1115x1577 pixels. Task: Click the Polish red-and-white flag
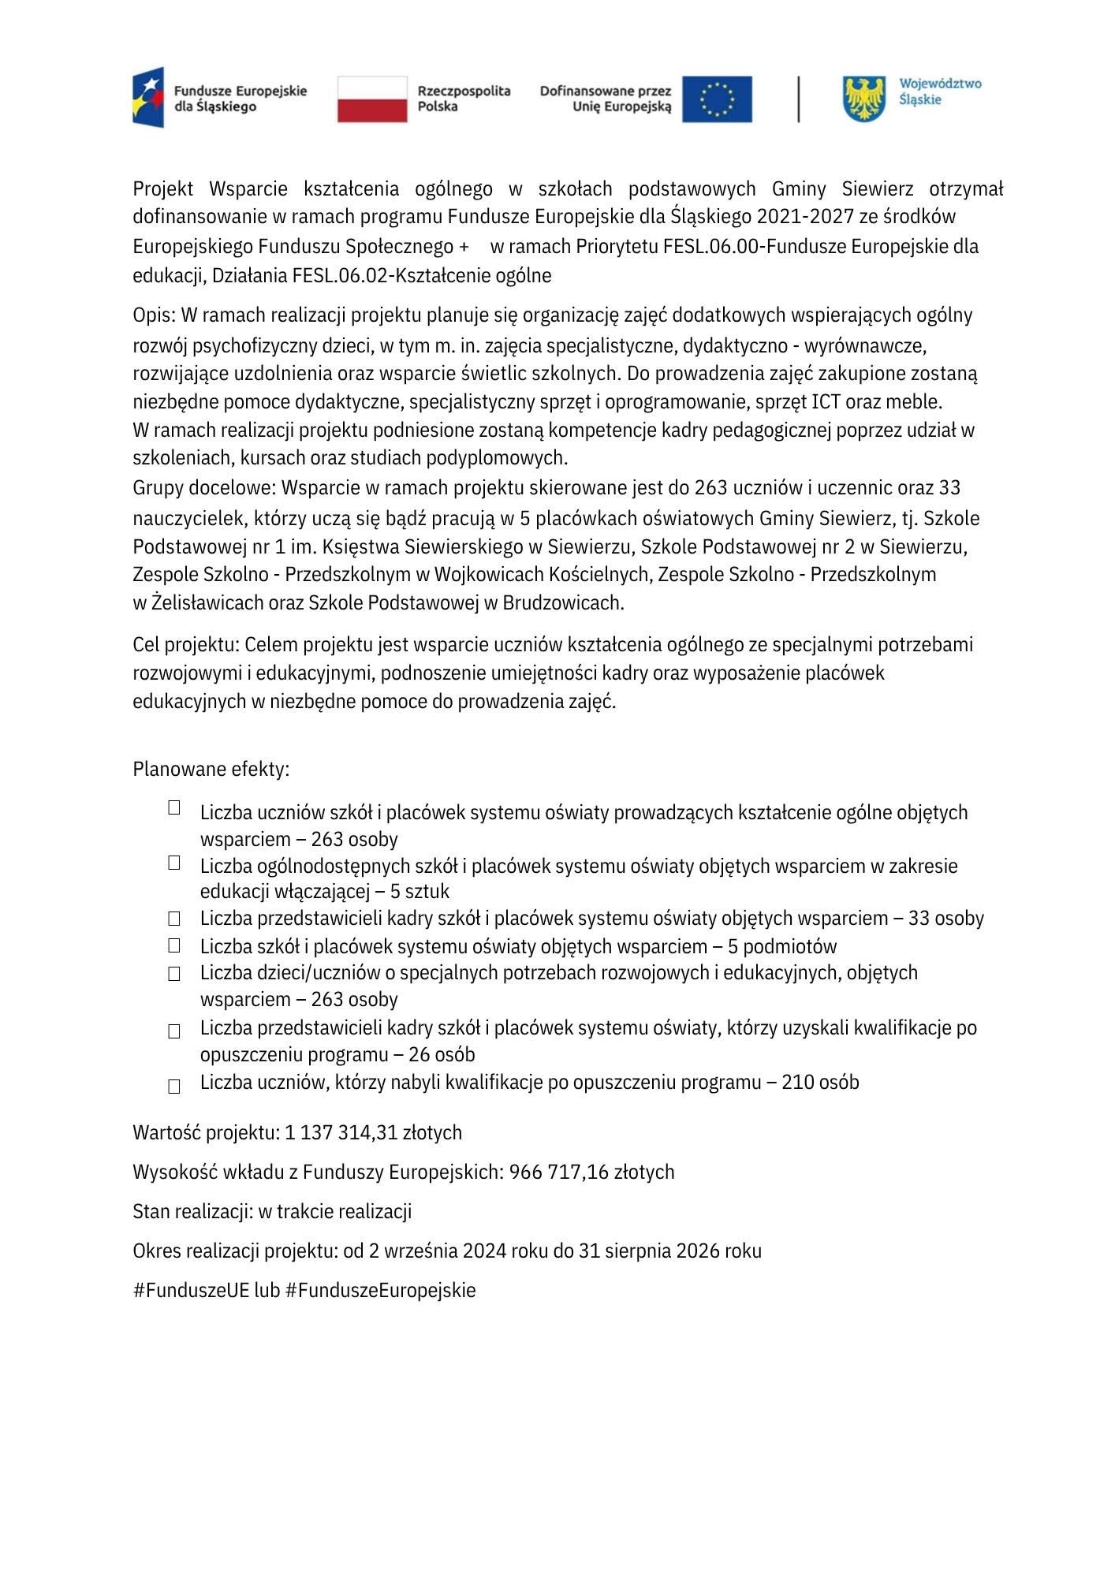[x=372, y=99]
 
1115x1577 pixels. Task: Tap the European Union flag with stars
[x=717, y=99]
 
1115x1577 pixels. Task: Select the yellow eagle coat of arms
[x=865, y=99]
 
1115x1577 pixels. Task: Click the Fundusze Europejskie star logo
[x=148, y=97]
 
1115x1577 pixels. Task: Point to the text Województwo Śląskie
[x=940, y=91]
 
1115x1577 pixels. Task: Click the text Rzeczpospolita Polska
[x=464, y=99]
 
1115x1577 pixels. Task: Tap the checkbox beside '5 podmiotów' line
[x=174, y=945]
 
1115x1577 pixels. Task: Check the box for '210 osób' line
[x=174, y=1087]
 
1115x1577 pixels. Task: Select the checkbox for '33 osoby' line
[x=174, y=919]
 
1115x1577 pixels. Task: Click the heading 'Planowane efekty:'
[x=211, y=769]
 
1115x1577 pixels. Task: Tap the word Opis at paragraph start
[x=152, y=315]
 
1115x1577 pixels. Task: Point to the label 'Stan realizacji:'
[x=193, y=1212]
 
